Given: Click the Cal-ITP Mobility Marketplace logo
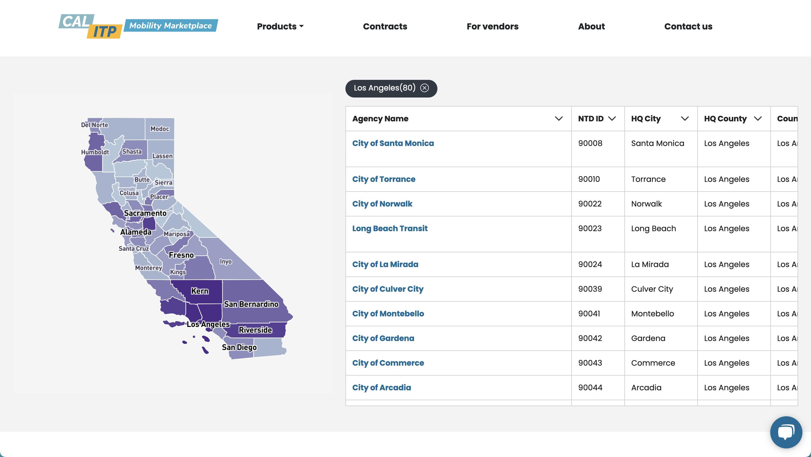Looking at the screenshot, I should (138, 26).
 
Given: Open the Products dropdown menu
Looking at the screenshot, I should (280, 27).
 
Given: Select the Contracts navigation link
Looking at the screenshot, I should (385, 27).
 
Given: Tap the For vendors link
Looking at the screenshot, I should (492, 27).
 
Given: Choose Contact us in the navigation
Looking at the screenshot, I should (688, 27).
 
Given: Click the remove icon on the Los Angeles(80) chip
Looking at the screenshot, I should (424, 88).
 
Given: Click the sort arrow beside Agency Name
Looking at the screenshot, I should (559, 119).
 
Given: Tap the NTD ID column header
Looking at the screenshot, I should (591, 119).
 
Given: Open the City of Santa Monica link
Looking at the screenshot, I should (393, 143).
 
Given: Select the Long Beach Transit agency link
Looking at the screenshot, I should (389, 229).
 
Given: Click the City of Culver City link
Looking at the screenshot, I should (388, 289).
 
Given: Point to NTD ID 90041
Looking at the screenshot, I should (589, 314).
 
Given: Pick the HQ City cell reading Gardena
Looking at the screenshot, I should (648, 338).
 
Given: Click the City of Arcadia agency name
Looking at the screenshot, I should (381, 388).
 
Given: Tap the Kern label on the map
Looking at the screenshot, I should (200, 291).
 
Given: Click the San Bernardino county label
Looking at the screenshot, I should (251, 304).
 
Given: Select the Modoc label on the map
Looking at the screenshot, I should (160, 129).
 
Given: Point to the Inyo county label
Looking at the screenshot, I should (226, 262).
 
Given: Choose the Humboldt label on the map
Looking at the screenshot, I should (95, 152).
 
